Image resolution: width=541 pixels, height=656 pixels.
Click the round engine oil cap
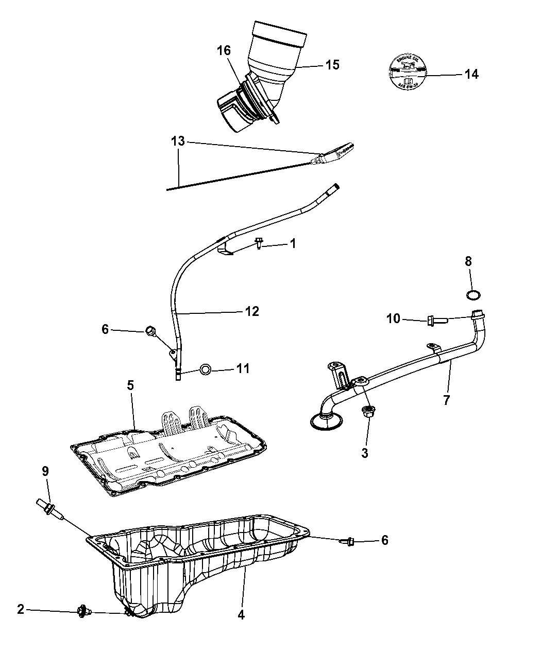click(407, 72)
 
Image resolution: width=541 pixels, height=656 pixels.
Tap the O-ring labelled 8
click(475, 295)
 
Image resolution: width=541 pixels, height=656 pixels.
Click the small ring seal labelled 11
click(205, 368)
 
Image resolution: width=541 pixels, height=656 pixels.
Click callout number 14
click(471, 74)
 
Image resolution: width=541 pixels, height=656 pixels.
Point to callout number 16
click(224, 50)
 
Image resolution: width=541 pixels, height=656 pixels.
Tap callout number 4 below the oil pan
click(241, 614)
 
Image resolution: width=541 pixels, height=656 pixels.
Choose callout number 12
click(252, 311)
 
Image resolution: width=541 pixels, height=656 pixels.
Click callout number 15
click(332, 65)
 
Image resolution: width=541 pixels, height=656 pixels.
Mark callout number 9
click(45, 470)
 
